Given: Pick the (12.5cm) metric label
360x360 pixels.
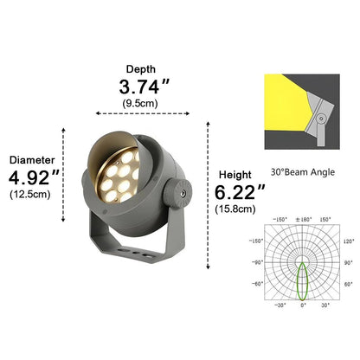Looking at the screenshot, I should [x=30, y=194].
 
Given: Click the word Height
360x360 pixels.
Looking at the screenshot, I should [x=236, y=173].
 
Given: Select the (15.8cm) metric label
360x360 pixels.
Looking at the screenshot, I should [x=236, y=208].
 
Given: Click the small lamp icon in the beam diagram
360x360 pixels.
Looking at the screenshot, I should [x=321, y=118].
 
